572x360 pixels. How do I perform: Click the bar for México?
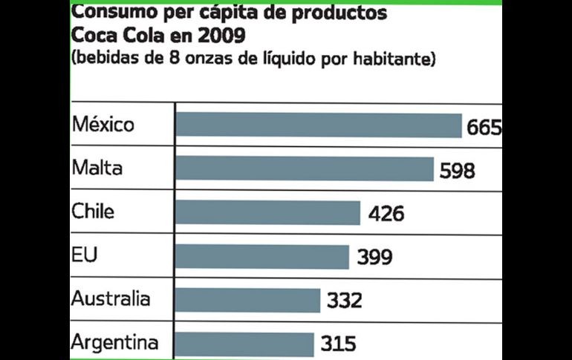pyautogui.click(x=319, y=125)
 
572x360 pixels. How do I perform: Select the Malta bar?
pyautogui.click(x=305, y=169)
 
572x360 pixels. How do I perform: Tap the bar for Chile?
pyautogui.click(x=268, y=213)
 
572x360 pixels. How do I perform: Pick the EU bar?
pyautogui.click(x=262, y=257)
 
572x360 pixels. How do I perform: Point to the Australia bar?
pyautogui.click(x=248, y=300)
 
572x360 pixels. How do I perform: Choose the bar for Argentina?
pyautogui.click(x=245, y=344)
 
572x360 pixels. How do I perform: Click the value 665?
pyautogui.click(x=484, y=128)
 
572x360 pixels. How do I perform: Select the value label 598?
pyautogui.click(x=456, y=171)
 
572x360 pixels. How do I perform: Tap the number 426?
pyautogui.click(x=386, y=215)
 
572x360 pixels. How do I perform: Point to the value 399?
pyautogui.click(x=374, y=258)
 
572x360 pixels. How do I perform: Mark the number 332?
pyautogui.click(x=344, y=301)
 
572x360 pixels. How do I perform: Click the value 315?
pyautogui.click(x=339, y=344)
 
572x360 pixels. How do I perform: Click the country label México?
pyautogui.click(x=103, y=124)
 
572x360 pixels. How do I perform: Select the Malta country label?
pyautogui.click(x=97, y=168)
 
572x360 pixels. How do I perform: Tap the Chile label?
pyautogui.click(x=93, y=212)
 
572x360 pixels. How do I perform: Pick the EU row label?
pyautogui.click(x=85, y=255)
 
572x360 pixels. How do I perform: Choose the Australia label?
pyautogui.click(x=111, y=299)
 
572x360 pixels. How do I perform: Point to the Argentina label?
pyautogui.click(x=115, y=343)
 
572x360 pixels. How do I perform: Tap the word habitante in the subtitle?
pyautogui.click(x=393, y=59)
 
